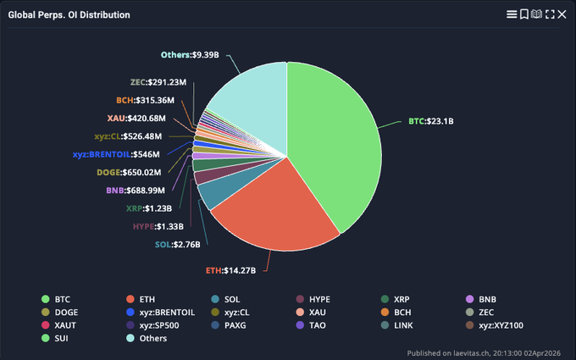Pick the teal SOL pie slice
pyautogui.click(x=211, y=194)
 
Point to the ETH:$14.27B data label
pyautogui.click(x=235, y=271)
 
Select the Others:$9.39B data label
pyautogui.click(x=190, y=55)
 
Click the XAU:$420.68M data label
pyautogui.click(x=136, y=118)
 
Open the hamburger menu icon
pyautogui.click(x=511, y=14)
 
